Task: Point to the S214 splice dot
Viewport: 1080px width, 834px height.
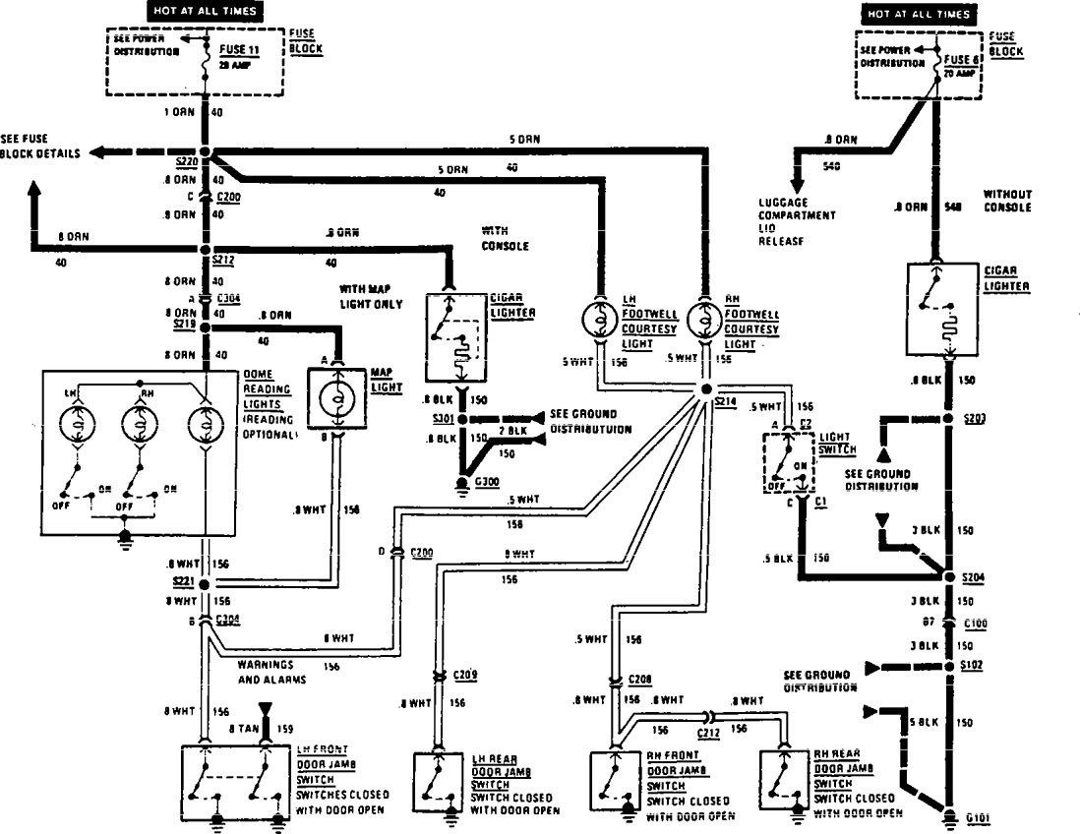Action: (x=707, y=390)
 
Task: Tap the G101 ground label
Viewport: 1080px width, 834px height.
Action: (x=978, y=816)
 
